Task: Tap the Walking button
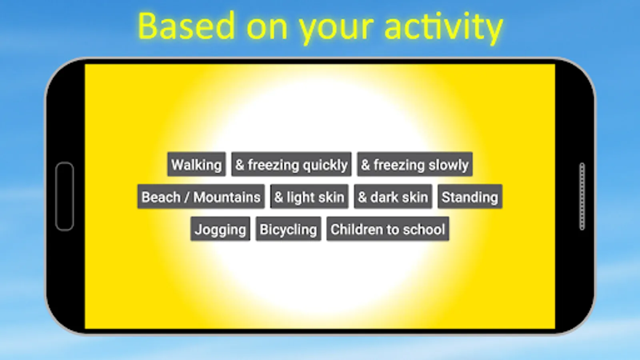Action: (196, 164)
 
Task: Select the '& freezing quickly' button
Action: (292, 164)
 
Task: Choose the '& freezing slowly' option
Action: (415, 164)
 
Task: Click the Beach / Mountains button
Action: (201, 196)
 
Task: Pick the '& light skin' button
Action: (310, 196)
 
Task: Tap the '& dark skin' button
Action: (393, 196)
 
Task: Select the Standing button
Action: (470, 196)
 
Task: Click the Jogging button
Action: (220, 229)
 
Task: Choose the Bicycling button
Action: (288, 229)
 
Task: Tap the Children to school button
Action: (388, 229)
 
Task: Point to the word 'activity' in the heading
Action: (444, 28)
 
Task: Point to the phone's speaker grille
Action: (582, 196)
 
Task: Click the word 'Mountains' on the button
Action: (227, 197)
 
